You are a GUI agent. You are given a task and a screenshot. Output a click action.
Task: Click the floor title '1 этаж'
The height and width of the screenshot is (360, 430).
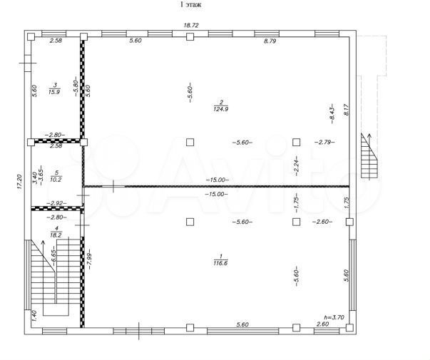[x=190, y=5]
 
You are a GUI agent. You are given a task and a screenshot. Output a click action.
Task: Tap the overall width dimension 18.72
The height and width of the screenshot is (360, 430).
[x=190, y=26]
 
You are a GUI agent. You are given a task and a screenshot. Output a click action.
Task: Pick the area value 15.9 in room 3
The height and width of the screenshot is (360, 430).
[x=54, y=91]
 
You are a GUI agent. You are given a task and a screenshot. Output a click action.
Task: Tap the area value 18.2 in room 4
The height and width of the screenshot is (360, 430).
[x=55, y=232]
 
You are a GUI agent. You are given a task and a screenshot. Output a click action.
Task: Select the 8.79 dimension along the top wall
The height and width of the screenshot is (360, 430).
[x=270, y=42]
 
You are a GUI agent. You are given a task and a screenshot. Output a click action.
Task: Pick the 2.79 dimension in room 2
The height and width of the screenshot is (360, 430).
[x=324, y=142]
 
